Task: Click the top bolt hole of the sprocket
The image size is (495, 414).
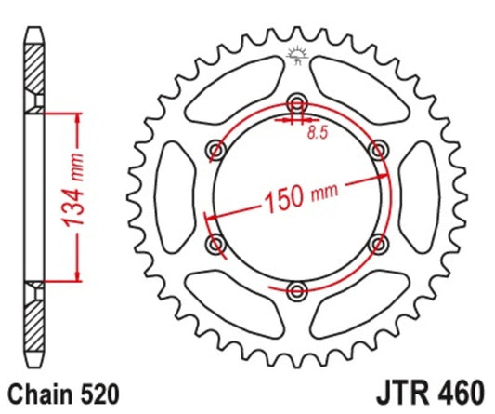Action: coord(296,102)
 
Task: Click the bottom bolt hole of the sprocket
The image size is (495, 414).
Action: coord(296,288)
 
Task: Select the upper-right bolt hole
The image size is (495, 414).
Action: coord(377,149)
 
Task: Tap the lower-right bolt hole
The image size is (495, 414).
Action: coord(377,243)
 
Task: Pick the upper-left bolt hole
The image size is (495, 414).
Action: coord(216,149)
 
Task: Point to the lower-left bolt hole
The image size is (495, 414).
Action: coord(216,243)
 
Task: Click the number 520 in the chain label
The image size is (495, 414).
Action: coord(98,394)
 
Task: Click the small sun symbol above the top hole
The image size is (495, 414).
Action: coord(297,54)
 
